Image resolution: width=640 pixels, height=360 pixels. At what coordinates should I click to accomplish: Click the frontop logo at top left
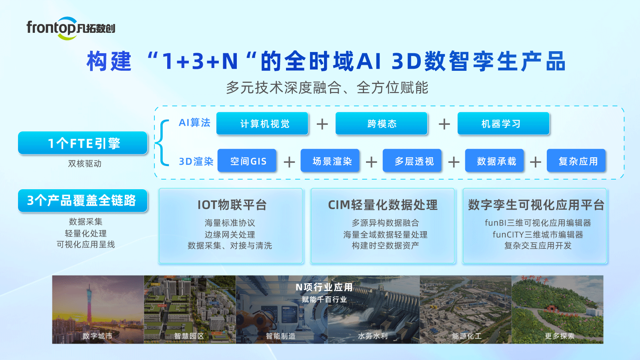tap(71, 28)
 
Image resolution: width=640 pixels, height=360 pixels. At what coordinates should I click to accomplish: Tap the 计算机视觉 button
tap(262, 124)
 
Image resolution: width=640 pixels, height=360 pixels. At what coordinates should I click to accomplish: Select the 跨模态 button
tap(382, 124)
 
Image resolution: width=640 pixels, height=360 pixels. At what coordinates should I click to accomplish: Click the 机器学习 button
tap(503, 124)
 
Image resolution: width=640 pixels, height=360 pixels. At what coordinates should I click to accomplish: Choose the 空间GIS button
tap(247, 161)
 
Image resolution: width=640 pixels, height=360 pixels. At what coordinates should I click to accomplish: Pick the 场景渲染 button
tap(330, 161)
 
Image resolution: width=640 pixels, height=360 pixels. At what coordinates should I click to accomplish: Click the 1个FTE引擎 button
tap(83, 143)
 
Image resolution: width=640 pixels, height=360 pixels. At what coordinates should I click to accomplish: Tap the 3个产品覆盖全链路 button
tap(83, 200)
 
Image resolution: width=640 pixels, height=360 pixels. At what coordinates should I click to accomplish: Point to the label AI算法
tap(194, 123)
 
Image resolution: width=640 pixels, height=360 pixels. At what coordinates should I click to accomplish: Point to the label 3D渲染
tap(196, 161)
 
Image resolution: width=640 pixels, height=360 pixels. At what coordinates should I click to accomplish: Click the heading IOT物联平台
tap(232, 205)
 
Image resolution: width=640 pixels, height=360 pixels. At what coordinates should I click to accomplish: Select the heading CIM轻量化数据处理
tap(383, 205)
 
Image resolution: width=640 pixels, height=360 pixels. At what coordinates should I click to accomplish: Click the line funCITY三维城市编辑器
tap(538, 234)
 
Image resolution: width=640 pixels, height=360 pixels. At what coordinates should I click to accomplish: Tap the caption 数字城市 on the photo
tap(97, 336)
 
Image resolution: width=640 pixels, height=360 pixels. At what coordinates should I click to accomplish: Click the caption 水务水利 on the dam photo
tap(373, 336)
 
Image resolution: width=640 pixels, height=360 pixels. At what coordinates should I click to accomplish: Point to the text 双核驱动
tap(85, 164)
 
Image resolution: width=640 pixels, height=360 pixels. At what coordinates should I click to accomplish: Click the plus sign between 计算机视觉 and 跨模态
tap(322, 124)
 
